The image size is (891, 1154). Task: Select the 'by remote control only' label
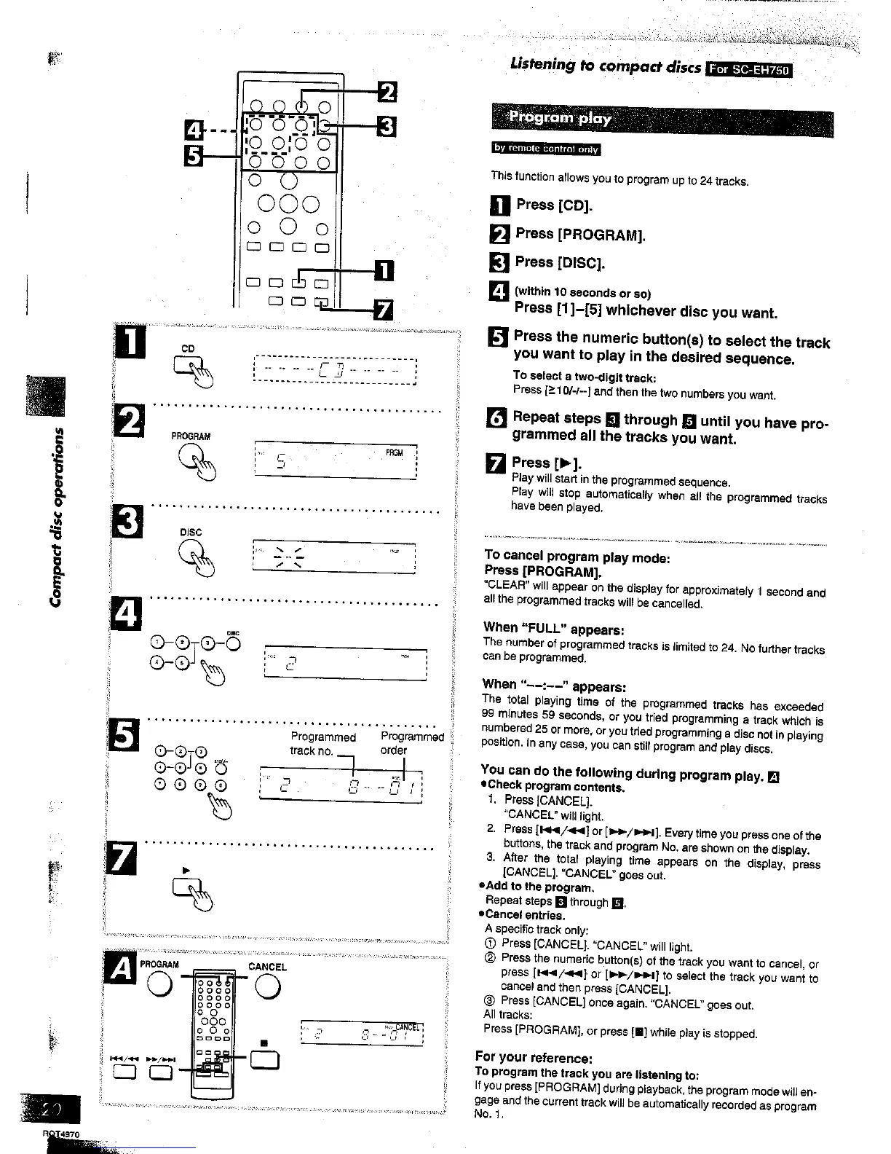point(546,150)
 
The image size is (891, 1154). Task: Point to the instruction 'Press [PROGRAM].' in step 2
point(580,234)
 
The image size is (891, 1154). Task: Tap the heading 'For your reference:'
point(534,1057)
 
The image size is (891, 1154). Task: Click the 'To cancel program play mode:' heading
point(577,558)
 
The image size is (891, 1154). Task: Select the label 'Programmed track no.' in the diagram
point(322,743)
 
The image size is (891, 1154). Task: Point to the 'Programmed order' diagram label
point(412,743)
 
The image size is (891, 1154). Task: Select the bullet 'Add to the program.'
point(540,887)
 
